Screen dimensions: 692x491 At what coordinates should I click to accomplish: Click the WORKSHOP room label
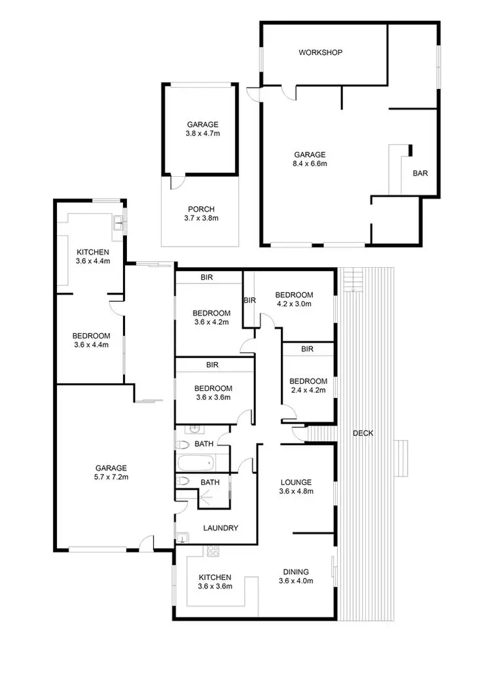320,52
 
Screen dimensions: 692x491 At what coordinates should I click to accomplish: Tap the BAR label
420,173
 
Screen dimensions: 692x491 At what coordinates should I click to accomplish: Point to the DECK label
363,433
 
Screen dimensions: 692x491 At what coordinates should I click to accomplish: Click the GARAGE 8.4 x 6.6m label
310,159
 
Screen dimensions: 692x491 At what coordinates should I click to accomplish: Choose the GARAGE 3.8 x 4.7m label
202,128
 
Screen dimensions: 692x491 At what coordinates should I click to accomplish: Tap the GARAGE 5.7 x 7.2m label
111,472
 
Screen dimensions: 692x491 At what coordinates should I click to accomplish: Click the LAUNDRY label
220,528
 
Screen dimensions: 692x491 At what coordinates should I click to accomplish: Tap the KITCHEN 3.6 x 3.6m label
215,581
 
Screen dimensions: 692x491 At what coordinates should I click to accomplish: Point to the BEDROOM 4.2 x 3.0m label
294,299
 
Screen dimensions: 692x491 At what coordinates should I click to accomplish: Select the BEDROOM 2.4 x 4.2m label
308,386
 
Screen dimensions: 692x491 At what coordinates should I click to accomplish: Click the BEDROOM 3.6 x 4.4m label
90,340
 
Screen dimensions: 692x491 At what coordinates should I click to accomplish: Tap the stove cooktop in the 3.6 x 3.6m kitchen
213,553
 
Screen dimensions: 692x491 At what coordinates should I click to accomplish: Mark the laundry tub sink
181,538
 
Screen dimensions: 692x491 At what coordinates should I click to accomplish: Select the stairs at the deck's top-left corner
352,280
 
